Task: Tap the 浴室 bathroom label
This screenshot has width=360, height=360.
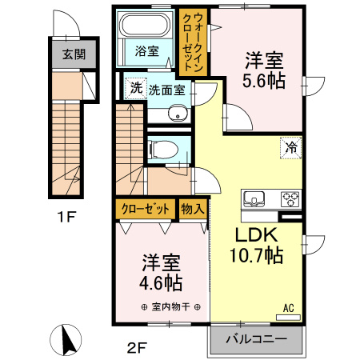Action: [x=146, y=51]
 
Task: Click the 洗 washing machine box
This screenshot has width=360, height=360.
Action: [x=135, y=86]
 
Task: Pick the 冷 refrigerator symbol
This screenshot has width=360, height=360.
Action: [x=291, y=147]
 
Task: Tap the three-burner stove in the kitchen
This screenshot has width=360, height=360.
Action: [x=289, y=198]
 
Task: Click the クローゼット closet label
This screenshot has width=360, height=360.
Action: [x=145, y=209]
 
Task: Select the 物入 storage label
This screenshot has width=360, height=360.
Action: [x=194, y=209]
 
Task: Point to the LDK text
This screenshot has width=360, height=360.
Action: [x=254, y=235]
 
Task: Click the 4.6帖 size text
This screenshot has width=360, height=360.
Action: [x=161, y=283]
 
